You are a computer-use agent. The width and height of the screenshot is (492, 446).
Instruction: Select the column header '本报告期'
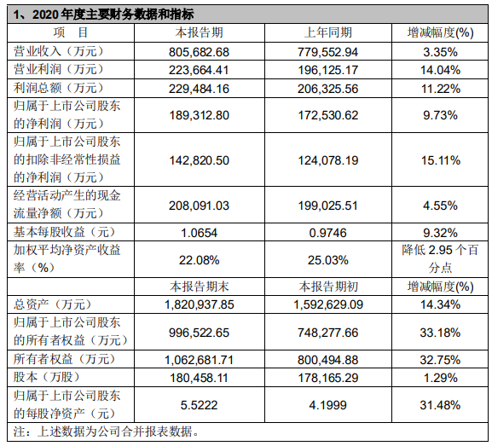click(x=200, y=32)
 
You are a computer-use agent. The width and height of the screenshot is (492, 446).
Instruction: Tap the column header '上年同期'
click(x=328, y=32)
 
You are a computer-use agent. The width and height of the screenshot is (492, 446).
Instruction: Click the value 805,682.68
click(x=200, y=52)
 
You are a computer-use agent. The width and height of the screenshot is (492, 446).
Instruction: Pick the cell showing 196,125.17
click(x=328, y=70)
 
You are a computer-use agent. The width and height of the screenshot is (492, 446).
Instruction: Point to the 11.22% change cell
click(x=441, y=89)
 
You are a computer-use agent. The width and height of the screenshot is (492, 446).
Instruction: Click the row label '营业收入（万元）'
click(x=58, y=51)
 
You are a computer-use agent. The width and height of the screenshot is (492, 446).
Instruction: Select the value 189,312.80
click(x=200, y=115)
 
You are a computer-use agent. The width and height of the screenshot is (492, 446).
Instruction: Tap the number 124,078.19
click(x=328, y=160)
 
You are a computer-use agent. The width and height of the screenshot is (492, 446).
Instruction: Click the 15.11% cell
click(x=441, y=160)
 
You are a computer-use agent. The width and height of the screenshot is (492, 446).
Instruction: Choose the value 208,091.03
click(x=200, y=206)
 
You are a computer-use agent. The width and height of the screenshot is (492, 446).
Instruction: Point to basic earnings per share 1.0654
click(x=200, y=233)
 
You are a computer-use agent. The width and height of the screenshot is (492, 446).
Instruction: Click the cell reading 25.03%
click(x=328, y=260)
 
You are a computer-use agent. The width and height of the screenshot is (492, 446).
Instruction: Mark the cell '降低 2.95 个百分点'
click(x=440, y=259)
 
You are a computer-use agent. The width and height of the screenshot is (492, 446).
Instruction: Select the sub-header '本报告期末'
click(x=200, y=287)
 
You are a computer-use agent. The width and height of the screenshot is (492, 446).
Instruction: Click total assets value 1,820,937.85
click(x=200, y=304)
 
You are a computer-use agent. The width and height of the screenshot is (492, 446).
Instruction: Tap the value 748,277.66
click(x=328, y=333)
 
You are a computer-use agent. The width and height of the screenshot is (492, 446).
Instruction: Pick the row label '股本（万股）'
click(x=46, y=377)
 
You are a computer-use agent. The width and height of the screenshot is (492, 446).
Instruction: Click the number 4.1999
click(x=328, y=405)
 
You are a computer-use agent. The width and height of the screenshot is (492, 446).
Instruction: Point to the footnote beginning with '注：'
click(x=106, y=432)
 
